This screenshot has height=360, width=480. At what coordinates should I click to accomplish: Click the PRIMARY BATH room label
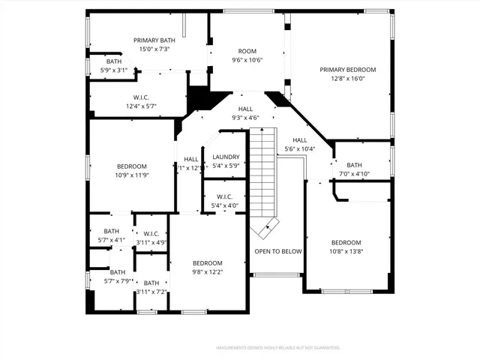[153, 40]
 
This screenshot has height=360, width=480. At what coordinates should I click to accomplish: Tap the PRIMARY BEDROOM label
[347, 70]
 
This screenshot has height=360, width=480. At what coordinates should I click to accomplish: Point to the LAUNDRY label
[226, 157]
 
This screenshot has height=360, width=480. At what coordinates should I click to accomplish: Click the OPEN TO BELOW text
[277, 251]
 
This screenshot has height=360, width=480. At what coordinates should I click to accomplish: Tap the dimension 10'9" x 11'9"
[131, 175]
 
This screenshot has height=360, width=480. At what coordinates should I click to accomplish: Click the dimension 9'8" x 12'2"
[207, 271]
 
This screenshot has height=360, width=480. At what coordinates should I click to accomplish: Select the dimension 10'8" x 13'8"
[346, 252]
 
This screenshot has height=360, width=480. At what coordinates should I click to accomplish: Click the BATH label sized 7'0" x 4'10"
[354, 165]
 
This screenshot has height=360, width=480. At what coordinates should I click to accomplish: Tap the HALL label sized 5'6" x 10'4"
[300, 140]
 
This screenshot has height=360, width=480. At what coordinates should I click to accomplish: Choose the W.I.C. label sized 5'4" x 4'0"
[226, 197]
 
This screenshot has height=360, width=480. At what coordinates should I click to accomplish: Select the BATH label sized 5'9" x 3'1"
[114, 61]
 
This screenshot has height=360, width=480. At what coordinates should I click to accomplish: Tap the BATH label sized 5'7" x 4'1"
[111, 231]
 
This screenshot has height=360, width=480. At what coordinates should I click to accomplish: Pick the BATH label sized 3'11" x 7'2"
[151, 283]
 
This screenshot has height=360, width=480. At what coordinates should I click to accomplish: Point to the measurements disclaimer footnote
[278, 348]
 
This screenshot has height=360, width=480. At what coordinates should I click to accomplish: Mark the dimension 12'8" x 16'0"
[347, 78]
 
